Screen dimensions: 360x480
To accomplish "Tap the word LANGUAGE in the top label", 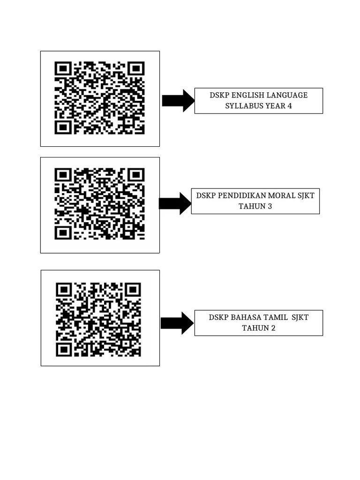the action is pyautogui.click(x=288, y=95).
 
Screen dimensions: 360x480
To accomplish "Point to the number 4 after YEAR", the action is pyautogui.click(x=290, y=106).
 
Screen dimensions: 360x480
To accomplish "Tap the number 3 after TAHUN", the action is pyautogui.click(x=270, y=206).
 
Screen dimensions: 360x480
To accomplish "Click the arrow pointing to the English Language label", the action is pyautogui.click(x=178, y=100).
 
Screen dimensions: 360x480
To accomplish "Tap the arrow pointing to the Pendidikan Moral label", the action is pyautogui.click(x=175, y=203).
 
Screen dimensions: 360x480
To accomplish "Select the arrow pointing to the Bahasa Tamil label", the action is pyautogui.click(x=177, y=323).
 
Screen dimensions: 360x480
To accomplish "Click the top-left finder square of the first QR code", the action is pyautogui.click(x=63, y=69).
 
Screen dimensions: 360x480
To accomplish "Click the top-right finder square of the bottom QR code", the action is pyautogui.click(x=133, y=289).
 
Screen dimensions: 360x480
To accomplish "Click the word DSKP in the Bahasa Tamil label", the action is pyautogui.click(x=218, y=317).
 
